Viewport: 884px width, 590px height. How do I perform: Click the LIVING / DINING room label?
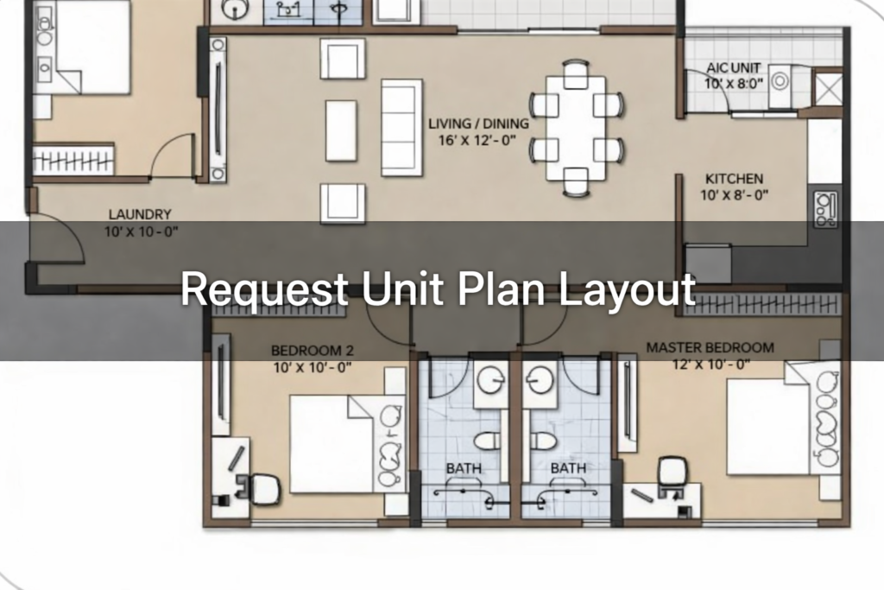pyautogui.click(x=478, y=124)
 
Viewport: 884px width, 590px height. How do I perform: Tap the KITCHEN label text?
pyautogui.click(x=734, y=179)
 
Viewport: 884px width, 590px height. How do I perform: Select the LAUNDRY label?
pyautogui.click(x=140, y=214)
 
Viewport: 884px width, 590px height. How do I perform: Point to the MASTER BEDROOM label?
pyautogui.click(x=710, y=347)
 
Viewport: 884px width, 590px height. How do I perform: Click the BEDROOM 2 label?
pyautogui.click(x=313, y=350)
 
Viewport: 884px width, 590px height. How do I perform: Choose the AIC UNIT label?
pyautogui.click(x=734, y=68)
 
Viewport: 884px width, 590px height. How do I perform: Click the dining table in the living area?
pyautogui.click(x=576, y=128)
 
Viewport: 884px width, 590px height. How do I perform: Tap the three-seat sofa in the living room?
pyautogui.click(x=401, y=128)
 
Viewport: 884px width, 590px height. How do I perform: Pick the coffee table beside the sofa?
pyautogui.click(x=341, y=130)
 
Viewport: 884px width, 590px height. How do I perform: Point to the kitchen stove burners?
pyautogui.click(x=824, y=209)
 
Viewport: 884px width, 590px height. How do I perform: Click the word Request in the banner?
pyautogui.click(x=264, y=289)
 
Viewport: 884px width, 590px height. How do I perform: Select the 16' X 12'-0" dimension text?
pyautogui.click(x=477, y=140)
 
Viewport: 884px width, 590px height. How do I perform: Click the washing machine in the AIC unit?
pyautogui.click(x=780, y=86)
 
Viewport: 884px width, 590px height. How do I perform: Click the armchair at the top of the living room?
pyautogui.click(x=342, y=59)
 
